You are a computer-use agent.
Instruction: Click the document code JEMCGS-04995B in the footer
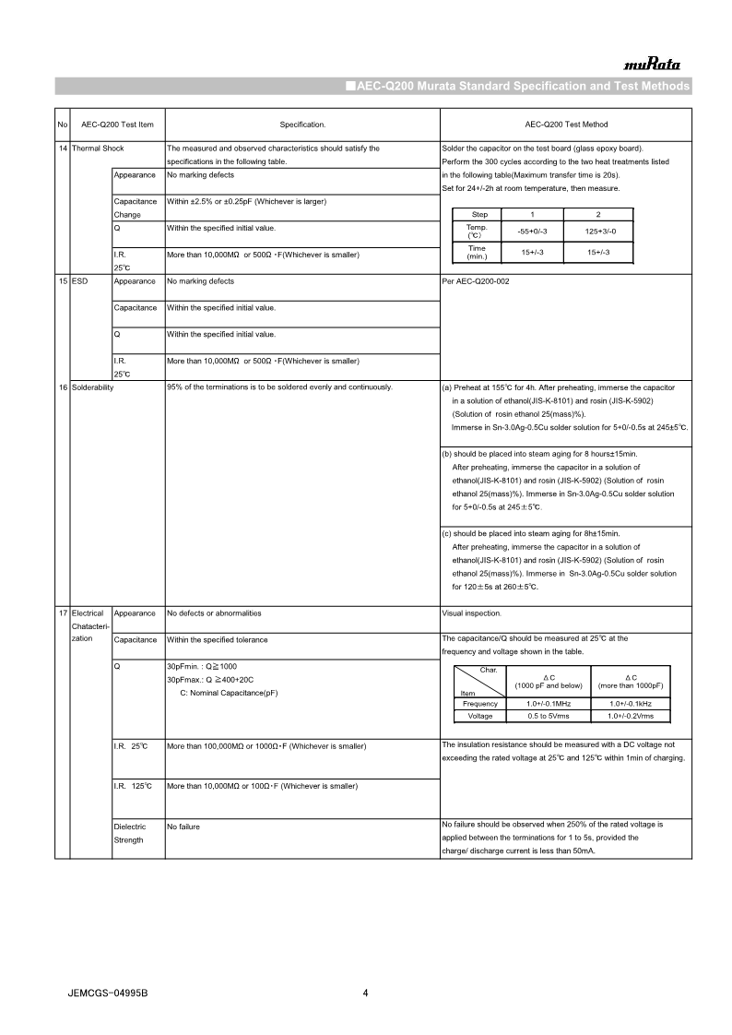pos(108,993)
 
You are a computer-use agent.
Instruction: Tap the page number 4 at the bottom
pos(366,993)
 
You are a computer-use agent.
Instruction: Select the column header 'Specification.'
pos(302,125)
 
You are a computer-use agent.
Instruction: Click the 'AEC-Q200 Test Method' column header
pos(566,125)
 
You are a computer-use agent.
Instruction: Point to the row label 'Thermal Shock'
pos(98,149)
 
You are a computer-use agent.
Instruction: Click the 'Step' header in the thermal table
pos(479,214)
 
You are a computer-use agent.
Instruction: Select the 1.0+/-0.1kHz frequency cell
pos(631,704)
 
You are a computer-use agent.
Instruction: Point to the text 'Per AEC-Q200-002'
pos(476,281)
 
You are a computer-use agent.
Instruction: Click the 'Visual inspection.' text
pos(472,613)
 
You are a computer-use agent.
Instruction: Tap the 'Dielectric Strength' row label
pos(130,833)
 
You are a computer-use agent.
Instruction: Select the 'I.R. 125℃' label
pos(132,786)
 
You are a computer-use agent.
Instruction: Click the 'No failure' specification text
pos(183,827)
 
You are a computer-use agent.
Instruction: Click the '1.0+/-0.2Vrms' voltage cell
pos(631,716)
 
